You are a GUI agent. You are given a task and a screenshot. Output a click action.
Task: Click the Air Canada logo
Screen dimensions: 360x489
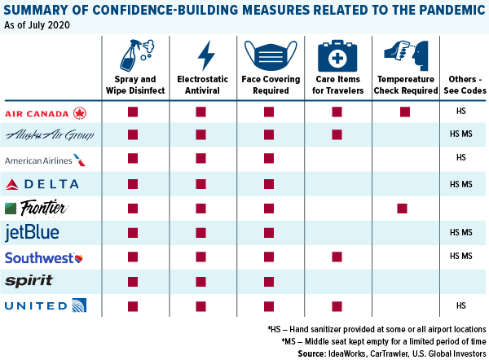coord(56,112)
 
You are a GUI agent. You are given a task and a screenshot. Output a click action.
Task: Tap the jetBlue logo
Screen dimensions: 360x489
coord(32,233)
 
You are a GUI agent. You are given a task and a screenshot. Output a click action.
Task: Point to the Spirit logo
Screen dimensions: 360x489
coord(29,281)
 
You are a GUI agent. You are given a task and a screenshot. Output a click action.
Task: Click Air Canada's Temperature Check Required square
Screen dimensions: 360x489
coord(404,111)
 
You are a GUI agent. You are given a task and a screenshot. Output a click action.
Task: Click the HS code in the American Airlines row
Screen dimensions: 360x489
coord(460,157)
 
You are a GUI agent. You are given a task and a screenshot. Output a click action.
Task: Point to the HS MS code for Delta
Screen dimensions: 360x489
coord(460,184)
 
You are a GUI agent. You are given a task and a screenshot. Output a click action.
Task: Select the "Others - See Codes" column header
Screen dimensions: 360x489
coord(461,85)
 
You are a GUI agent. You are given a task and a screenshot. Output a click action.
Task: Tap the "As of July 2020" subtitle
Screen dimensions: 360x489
coord(37,26)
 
